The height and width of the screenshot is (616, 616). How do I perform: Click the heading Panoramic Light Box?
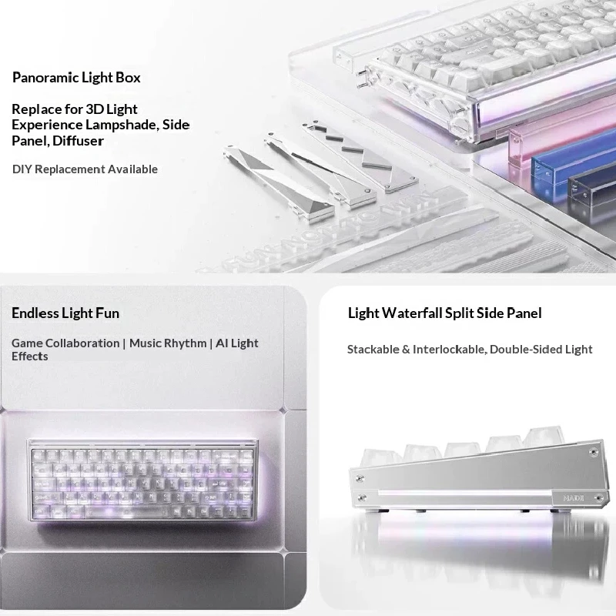[x=76, y=78]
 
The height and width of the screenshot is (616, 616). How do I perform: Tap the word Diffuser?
[x=78, y=141]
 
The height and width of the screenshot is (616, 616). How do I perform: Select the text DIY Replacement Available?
[x=85, y=169]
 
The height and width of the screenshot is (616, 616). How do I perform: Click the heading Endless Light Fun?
[x=65, y=313]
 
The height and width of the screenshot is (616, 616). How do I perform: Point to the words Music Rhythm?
[x=168, y=343]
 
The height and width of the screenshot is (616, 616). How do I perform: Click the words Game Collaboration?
[x=65, y=343]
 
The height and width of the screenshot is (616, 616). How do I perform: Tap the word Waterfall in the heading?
[x=412, y=313]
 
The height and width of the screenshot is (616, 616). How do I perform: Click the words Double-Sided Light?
[x=541, y=350]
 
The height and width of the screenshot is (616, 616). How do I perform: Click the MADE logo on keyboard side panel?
[x=573, y=498]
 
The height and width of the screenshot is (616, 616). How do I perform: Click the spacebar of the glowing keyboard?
[x=126, y=512]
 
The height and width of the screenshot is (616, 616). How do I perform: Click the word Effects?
[x=30, y=357]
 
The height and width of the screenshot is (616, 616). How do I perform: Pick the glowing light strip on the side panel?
[x=465, y=493]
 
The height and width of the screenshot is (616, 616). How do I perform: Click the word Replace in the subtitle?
[x=35, y=109]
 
